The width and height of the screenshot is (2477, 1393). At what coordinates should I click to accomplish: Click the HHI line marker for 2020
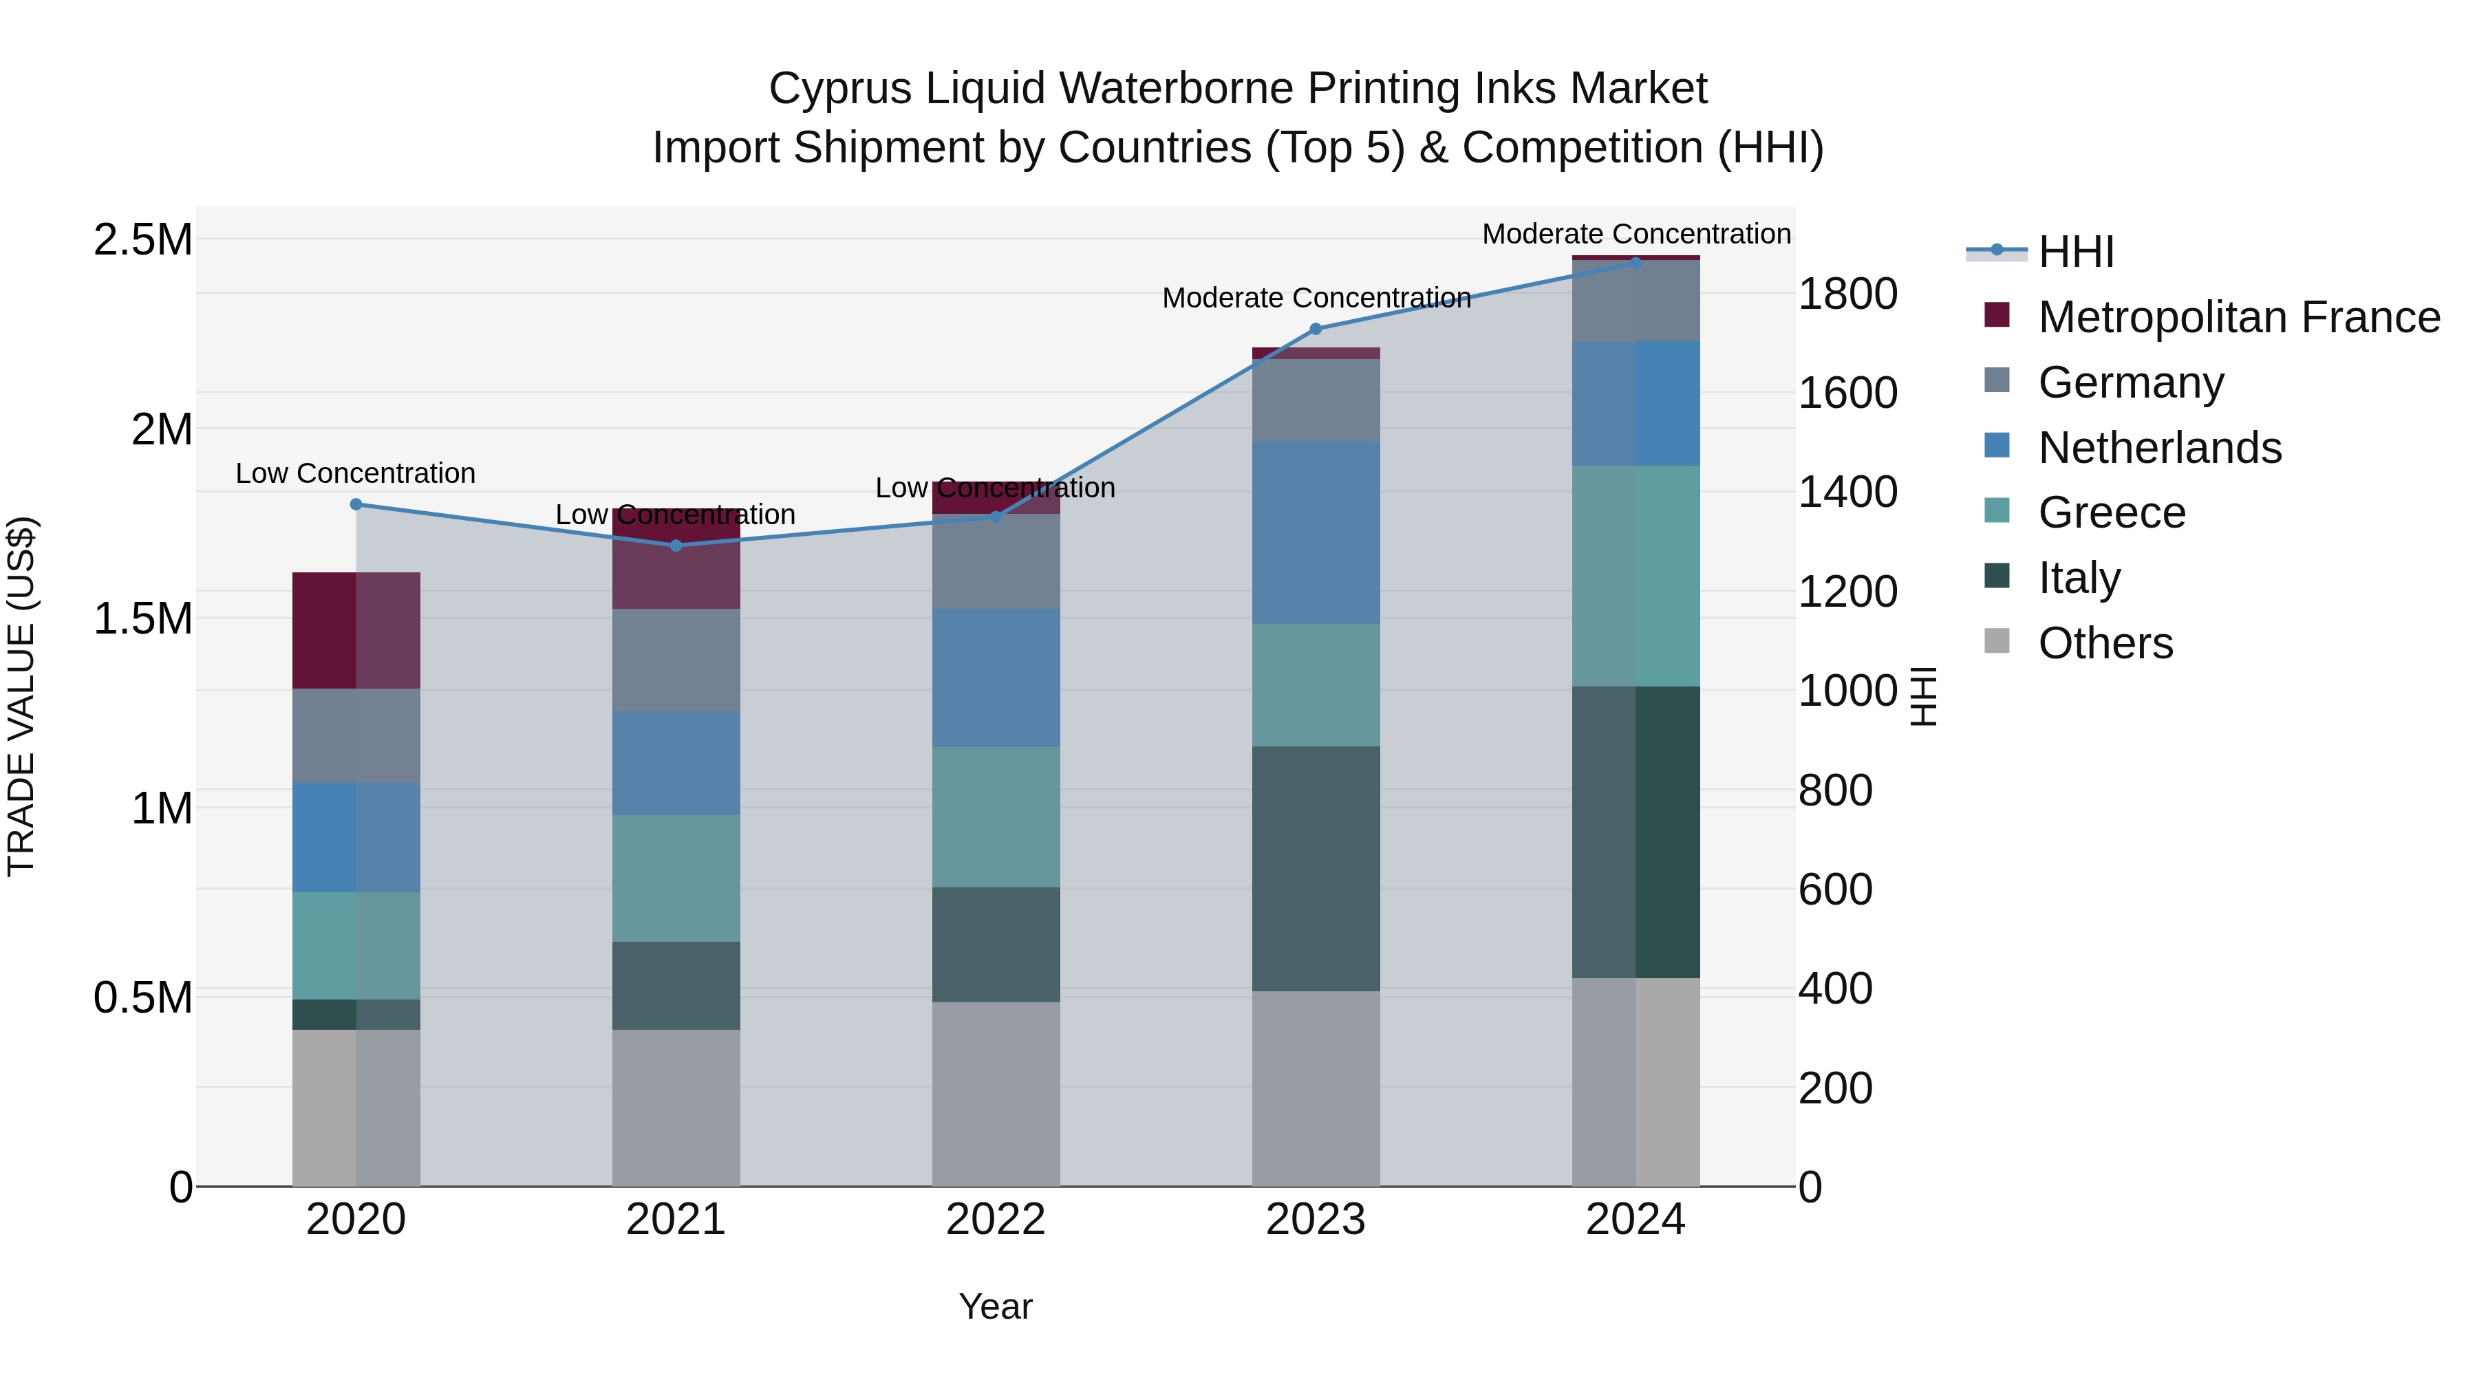coord(356,504)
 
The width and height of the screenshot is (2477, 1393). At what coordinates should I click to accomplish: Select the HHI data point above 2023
coord(1316,329)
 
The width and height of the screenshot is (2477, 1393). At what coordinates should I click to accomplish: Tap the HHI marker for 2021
coord(676,545)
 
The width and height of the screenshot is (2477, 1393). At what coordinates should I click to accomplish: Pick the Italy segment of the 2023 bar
coord(1316,868)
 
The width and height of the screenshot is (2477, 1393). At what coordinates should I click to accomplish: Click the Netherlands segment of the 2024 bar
coord(1636,403)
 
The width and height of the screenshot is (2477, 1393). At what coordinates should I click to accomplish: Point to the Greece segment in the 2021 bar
coord(676,878)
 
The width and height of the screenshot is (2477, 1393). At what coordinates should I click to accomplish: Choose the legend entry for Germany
coord(2130,382)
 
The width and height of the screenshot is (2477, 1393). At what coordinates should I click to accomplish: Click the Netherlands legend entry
coord(2158,448)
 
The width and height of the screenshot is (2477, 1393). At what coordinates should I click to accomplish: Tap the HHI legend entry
coord(2075,252)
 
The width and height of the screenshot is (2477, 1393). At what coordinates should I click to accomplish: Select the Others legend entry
coord(2105,643)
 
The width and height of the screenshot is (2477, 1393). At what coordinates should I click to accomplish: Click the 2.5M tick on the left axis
coord(142,239)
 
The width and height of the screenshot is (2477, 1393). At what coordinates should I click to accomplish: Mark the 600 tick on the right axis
coord(1834,889)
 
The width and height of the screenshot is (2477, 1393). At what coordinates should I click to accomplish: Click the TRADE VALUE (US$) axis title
coord(21,696)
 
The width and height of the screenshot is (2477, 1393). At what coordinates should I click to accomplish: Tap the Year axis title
coord(995,1306)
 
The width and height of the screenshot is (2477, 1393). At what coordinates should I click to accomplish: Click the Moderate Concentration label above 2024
coord(1636,234)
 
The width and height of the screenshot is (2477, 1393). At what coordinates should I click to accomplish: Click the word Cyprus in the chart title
coord(839,89)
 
